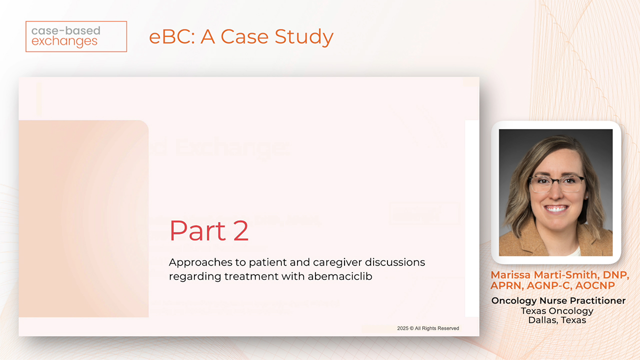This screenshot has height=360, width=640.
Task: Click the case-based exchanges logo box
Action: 76,36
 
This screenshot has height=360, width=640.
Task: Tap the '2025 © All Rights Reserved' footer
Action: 428,328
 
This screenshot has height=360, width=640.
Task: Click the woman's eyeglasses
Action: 556,183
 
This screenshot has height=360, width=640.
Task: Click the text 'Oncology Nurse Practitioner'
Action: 558,300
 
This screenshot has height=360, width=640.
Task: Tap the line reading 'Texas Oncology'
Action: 557,310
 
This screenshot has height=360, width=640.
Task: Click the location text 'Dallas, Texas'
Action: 557,320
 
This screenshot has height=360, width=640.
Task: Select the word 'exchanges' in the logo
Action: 64,42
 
